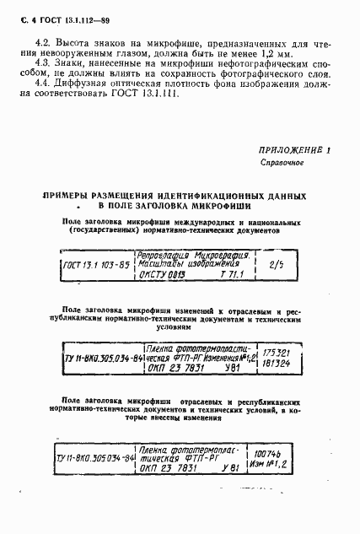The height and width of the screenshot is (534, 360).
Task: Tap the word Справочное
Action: pos(280,161)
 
